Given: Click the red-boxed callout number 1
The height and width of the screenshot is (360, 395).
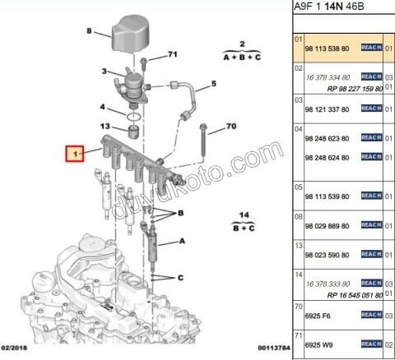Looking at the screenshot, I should click(x=76, y=154).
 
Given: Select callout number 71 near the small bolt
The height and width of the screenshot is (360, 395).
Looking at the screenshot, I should click(x=173, y=54).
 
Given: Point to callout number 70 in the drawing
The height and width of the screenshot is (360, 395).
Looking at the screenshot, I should click(x=230, y=126).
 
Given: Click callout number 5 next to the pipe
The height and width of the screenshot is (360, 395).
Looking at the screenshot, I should click(x=212, y=84).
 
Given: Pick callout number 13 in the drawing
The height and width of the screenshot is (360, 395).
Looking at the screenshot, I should click(x=105, y=125).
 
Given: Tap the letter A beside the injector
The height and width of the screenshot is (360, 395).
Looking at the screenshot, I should click(x=182, y=242).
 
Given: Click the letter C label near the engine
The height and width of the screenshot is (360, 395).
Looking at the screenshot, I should click(x=181, y=278).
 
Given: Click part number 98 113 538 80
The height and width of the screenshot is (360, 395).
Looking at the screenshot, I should click(x=328, y=48).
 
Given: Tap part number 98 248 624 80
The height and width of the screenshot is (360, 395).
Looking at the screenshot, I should click(x=328, y=156).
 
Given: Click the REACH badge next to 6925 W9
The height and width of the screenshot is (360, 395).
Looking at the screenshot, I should click(x=372, y=343).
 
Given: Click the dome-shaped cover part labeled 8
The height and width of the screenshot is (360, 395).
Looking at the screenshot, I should click(x=128, y=33).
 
